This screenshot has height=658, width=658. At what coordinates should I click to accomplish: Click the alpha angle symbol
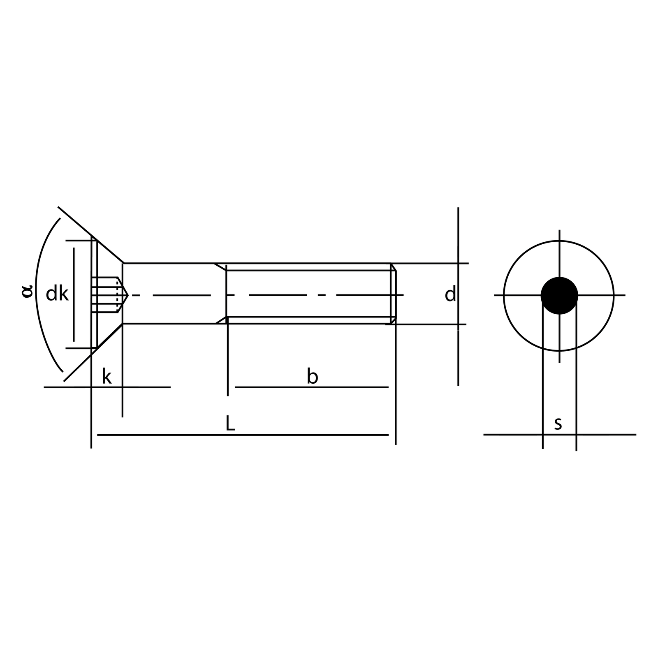click(x=27, y=291)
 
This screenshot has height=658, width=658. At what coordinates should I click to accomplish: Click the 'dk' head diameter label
click(x=57, y=294)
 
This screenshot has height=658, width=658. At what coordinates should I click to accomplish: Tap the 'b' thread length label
click(x=313, y=376)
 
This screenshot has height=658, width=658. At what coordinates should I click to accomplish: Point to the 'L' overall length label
click(x=230, y=423)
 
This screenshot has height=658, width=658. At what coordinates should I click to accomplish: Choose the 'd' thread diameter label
click(x=450, y=294)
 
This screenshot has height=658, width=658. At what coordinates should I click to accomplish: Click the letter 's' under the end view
click(x=558, y=424)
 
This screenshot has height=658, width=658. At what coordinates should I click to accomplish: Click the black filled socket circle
click(x=559, y=295)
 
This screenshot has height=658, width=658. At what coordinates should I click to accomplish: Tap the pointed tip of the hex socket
click(x=128, y=295)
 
